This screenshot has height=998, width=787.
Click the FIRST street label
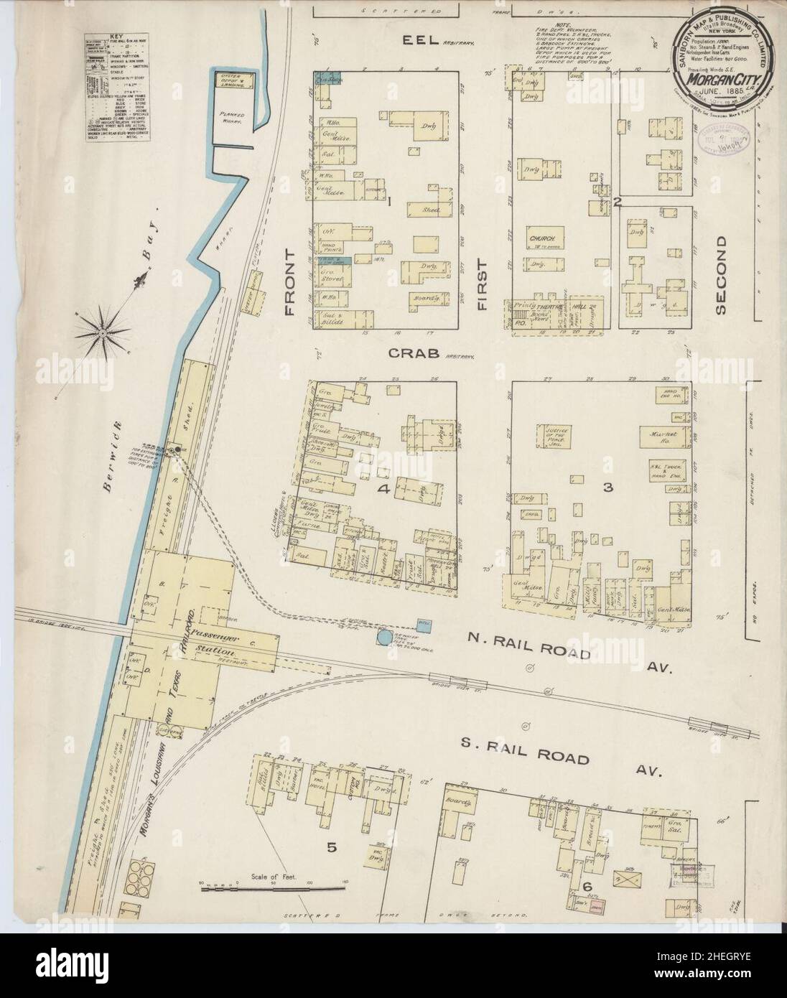pos(483,284)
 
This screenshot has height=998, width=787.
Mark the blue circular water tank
pos(384,637)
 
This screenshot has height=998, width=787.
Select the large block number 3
pos(607,488)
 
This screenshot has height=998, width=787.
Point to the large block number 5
pos(332,848)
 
